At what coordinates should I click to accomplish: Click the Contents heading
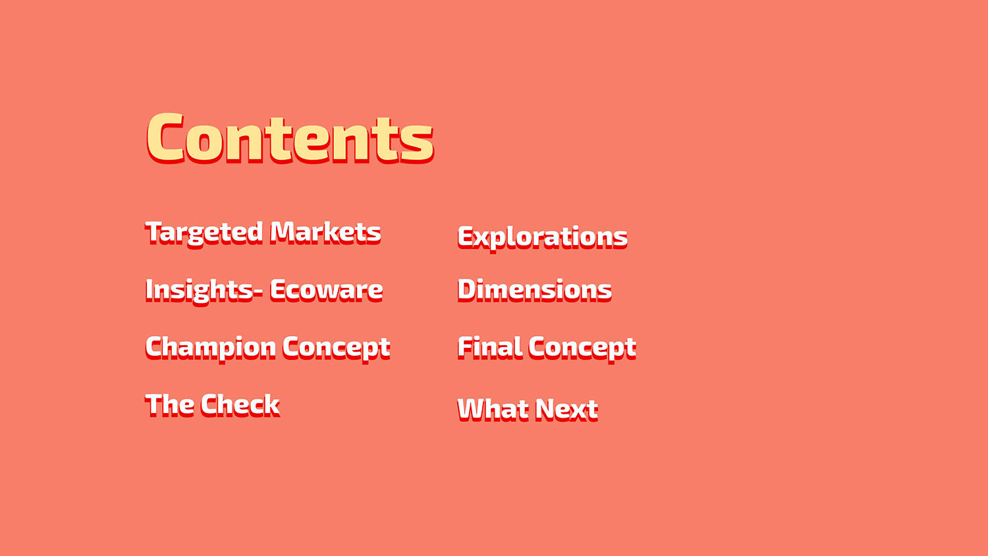click(290, 138)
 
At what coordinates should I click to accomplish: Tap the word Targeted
click(204, 233)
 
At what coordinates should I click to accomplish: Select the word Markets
click(325, 232)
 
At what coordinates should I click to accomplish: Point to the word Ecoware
click(327, 291)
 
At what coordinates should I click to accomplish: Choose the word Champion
click(211, 348)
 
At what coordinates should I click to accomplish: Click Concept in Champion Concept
click(337, 348)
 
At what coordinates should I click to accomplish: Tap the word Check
click(240, 404)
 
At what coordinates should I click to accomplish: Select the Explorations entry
click(543, 238)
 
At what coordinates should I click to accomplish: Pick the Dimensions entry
click(535, 291)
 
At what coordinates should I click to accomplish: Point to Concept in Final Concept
click(582, 348)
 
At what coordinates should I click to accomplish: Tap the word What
click(493, 410)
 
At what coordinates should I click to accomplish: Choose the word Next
click(567, 410)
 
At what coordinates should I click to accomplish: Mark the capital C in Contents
click(165, 138)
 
